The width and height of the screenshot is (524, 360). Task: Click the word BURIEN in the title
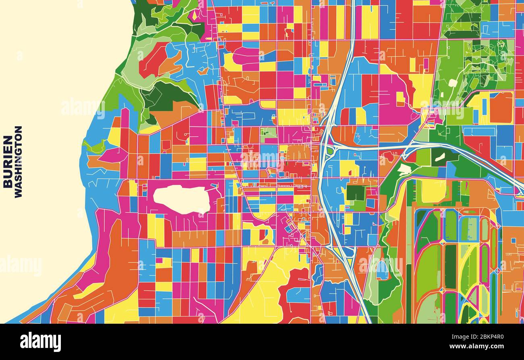pos(8,162)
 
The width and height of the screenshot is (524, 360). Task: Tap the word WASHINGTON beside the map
pos(18,162)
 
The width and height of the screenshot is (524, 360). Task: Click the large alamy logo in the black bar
pos(40,341)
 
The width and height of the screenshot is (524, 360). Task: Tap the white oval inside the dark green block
pos(439,157)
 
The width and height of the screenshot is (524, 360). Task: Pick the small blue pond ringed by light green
pos(382,270)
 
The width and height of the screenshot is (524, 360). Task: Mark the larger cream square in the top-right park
pos(453,83)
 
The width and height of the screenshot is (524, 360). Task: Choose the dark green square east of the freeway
pos(355,193)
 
